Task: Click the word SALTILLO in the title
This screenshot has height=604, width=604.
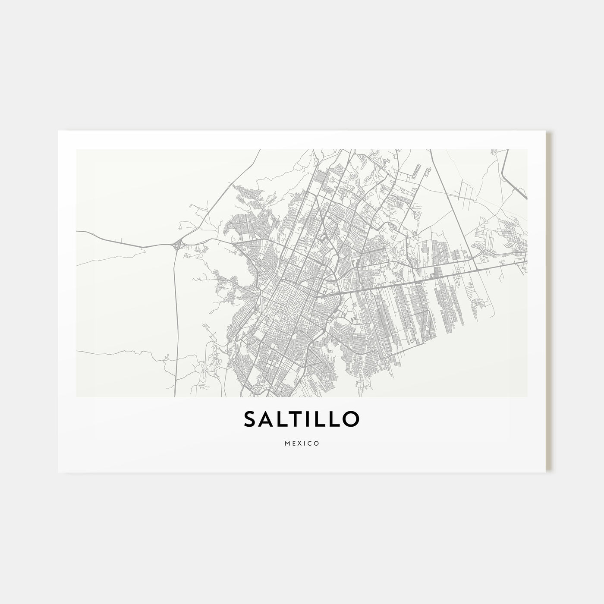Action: point(302,419)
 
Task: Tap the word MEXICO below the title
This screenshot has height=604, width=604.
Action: point(302,443)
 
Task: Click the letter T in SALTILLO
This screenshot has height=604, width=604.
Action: point(295,419)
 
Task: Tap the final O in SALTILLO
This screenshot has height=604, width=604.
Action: point(350,419)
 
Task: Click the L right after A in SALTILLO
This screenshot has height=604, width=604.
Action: point(282,419)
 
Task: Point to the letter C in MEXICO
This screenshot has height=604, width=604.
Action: point(310,443)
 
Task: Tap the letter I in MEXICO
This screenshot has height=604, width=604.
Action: point(304,443)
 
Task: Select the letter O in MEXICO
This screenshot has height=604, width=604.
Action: point(317,443)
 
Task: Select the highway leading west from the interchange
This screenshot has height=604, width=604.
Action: point(121,240)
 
